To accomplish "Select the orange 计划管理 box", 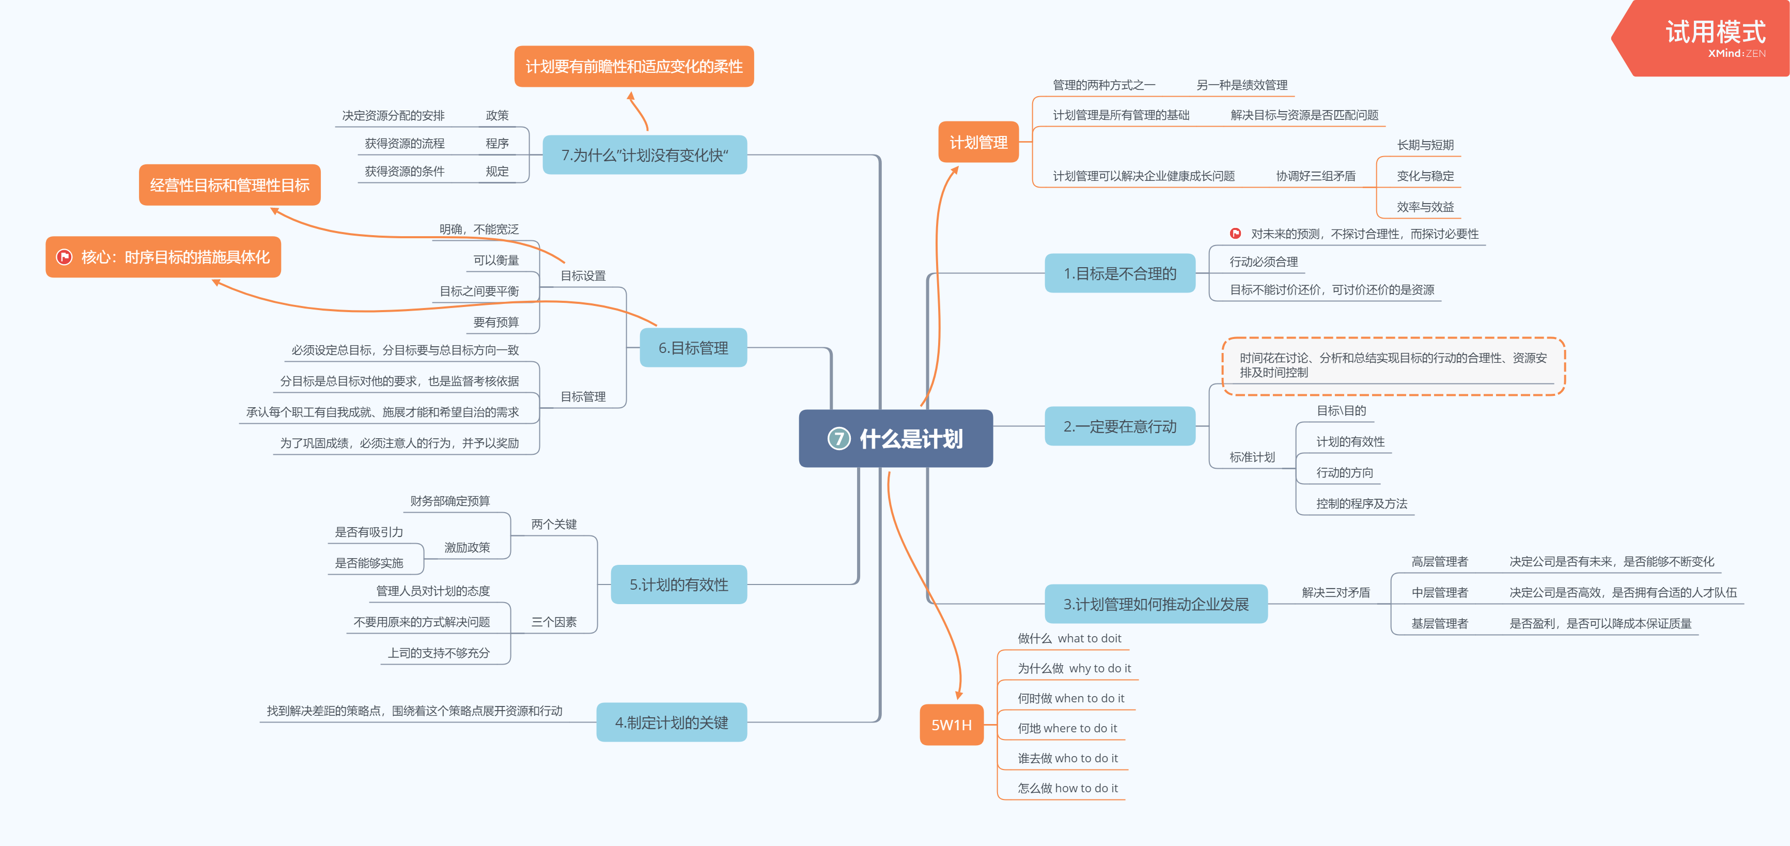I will (978, 143).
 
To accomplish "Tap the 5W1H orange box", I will (951, 725).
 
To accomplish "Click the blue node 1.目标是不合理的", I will (1119, 274).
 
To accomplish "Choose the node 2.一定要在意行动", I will (1119, 426).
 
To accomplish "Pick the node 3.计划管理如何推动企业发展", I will (1156, 604).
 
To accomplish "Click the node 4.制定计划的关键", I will (671, 722).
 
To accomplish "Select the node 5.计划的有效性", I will (678, 584).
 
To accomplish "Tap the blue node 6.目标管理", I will (693, 348).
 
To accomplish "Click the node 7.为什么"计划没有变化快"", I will (644, 155).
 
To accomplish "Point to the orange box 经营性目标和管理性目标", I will (229, 185).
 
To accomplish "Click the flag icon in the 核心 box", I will (65, 257).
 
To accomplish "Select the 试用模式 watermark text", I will (1715, 32).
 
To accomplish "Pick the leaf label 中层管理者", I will (1439, 592).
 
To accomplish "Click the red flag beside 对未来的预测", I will (1235, 234).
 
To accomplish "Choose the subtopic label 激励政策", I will (467, 548).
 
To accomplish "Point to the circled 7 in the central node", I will (839, 439).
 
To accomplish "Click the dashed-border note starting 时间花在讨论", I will (1393, 366).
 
